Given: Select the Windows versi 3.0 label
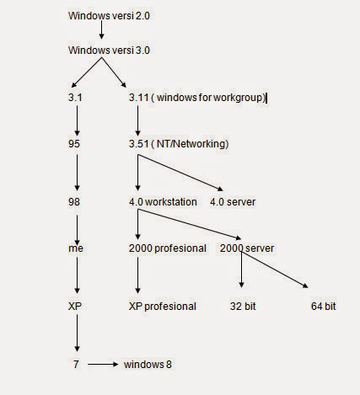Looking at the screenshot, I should [110, 51].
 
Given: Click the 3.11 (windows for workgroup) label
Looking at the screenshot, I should [196, 98].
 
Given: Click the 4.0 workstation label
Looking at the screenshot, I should [163, 202].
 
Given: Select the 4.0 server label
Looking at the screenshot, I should [233, 202].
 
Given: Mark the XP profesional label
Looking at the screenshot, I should [162, 307].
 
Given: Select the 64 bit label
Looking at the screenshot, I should [323, 307].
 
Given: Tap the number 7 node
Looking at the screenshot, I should [77, 365].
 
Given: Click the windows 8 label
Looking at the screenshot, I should [148, 365].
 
